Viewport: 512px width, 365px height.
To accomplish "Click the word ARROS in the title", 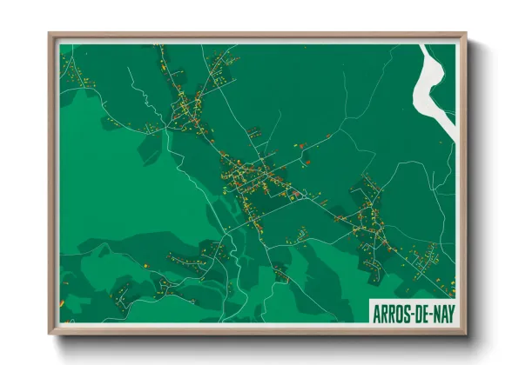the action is (x=391, y=313).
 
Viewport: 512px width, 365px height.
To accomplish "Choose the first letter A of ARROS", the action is (x=375, y=313).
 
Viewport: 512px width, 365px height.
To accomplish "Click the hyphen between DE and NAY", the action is (x=429, y=314).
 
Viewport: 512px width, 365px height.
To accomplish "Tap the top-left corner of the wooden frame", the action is (x=49, y=34).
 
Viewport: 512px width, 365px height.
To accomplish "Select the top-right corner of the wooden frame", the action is (x=466, y=34).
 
